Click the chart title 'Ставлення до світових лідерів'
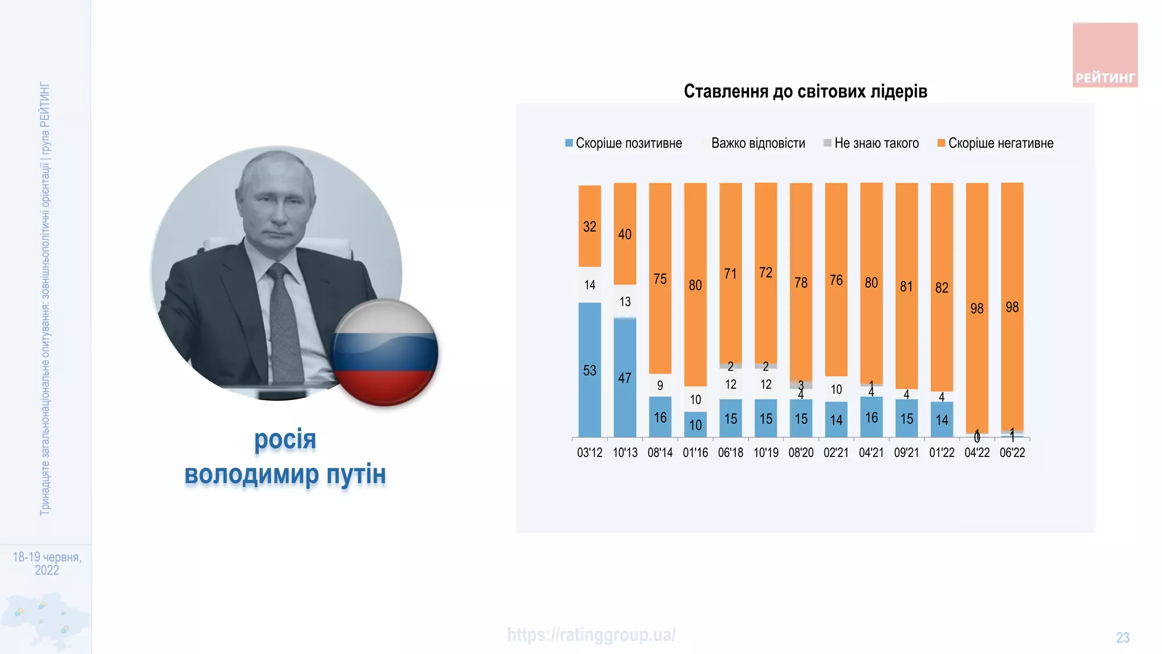[805, 91]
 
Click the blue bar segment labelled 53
[590, 370]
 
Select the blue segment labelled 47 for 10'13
[625, 378]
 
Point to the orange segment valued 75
[660, 279]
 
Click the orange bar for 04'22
[977, 308]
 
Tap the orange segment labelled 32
[590, 227]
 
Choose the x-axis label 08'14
[660, 453]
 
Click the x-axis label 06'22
[1012, 453]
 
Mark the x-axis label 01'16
[695, 453]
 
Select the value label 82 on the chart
[942, 288]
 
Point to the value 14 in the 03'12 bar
[590, 285]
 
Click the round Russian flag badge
[385, 353]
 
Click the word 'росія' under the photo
[285, 439]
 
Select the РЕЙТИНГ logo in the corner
[1105, 55]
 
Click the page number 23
[1122, 638]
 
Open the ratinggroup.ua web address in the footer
[591, 635]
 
